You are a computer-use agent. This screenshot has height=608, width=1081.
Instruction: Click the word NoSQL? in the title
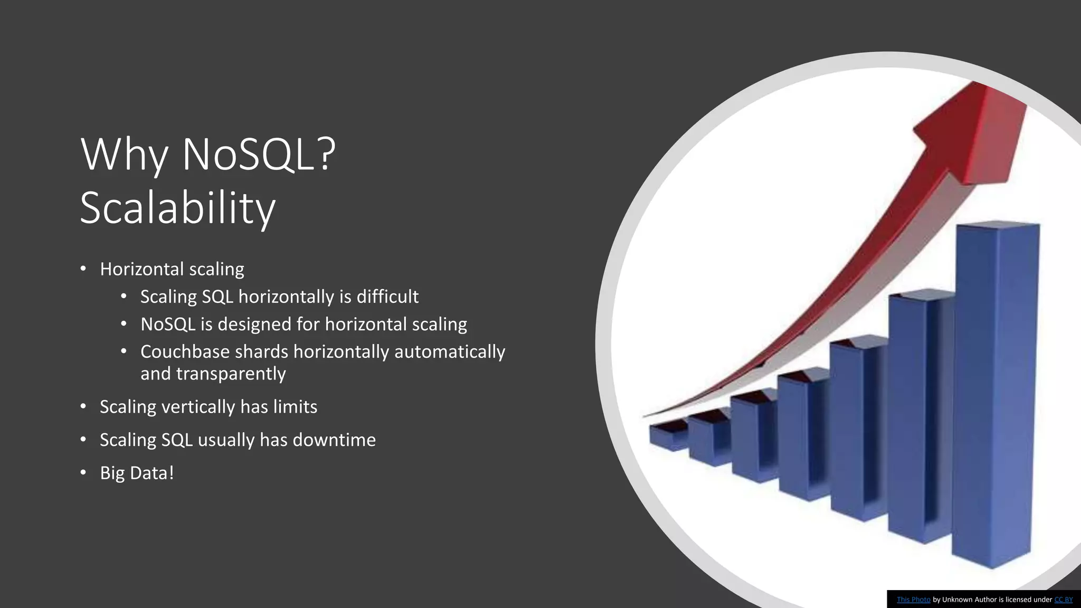tap(259, 154)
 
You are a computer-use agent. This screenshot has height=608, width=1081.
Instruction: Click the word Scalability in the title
tap(177, 208)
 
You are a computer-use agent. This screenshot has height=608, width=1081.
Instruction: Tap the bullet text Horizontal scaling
tap(172, 269)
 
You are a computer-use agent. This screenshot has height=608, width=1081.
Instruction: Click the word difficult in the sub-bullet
tap(387, 297)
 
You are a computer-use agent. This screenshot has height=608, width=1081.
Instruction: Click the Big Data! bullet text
tap(137, 473)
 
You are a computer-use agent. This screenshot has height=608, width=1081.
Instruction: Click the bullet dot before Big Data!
tap(83, 472)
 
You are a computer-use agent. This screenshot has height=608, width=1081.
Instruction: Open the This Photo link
tap(913, 600)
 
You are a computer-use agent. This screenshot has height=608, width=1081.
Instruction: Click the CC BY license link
tap(1063, 600)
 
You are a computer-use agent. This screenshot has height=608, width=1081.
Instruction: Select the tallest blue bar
tap(995, 391)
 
